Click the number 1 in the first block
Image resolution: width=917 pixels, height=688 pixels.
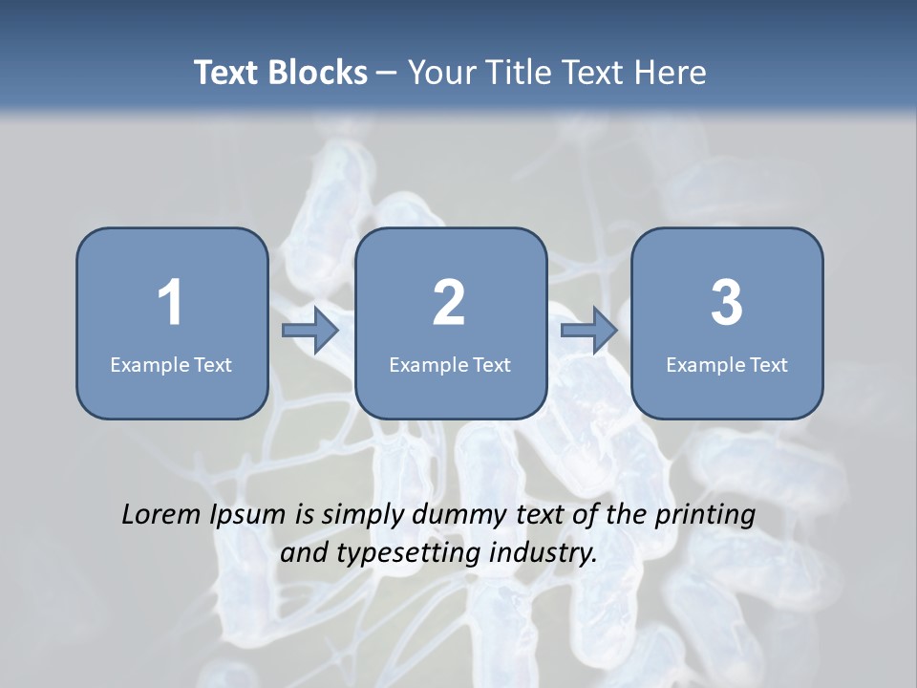coord(170,303)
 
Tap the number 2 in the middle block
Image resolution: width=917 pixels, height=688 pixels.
coord(449,303)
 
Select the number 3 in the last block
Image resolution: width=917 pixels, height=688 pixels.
coord(727,303)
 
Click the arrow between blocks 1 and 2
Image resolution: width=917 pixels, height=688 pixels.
coord(310,331)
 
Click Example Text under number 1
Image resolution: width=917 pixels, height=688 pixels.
coord(171,364)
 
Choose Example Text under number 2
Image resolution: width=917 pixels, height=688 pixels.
coord(450,364)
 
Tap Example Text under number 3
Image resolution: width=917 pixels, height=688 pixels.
coord(727,364)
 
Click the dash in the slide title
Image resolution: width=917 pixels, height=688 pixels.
coord(387,74)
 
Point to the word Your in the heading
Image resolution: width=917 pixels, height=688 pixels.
coord(439,73)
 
